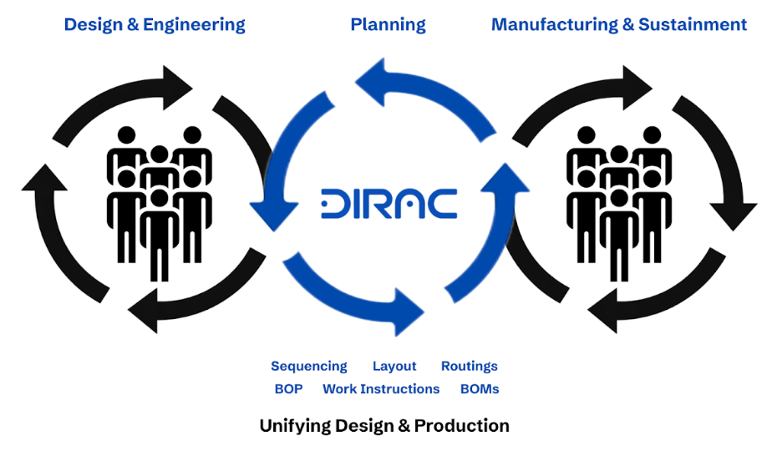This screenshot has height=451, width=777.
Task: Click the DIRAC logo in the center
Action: click(388, 205)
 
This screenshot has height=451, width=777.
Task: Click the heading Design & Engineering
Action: click(155, 24)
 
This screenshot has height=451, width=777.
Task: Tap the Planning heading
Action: click(388, 24)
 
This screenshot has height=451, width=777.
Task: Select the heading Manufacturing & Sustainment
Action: click(619, 24)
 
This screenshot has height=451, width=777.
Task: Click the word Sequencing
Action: click(308, 366)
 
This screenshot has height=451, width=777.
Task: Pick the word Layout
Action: click(394, 366)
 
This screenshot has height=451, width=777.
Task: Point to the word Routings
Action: click(469, 366)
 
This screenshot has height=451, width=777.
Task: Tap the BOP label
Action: click(288, 388)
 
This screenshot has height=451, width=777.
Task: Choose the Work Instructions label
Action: click(381, 388)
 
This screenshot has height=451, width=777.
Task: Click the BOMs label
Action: click(480, 388)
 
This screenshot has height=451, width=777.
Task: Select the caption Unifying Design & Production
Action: click(384, 425)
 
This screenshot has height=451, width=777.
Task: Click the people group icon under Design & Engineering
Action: click(159, 200)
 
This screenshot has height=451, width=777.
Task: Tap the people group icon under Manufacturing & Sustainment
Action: click(618, 200)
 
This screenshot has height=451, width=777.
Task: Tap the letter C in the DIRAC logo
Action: click(442, 205)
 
